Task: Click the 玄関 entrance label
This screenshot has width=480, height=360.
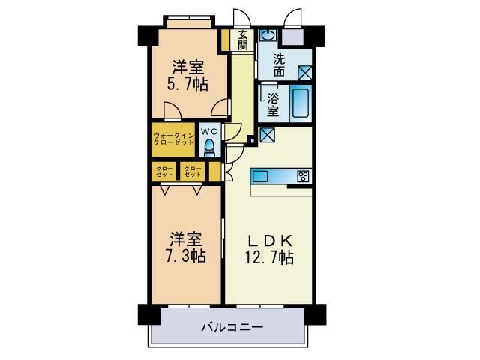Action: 243,40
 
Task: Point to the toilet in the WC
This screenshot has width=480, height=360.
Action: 211,146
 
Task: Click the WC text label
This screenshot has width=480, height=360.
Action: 208,130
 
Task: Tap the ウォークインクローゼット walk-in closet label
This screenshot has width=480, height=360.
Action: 174,139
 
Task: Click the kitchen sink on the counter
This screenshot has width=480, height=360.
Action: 262,176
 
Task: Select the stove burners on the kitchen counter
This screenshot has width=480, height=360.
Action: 303,177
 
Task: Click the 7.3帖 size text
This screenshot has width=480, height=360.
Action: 187,256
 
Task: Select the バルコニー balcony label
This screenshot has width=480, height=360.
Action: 231,327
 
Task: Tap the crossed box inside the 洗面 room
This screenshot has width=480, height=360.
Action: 306,73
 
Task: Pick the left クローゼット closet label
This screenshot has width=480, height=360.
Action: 165,172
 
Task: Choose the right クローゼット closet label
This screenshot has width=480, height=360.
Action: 193,172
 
